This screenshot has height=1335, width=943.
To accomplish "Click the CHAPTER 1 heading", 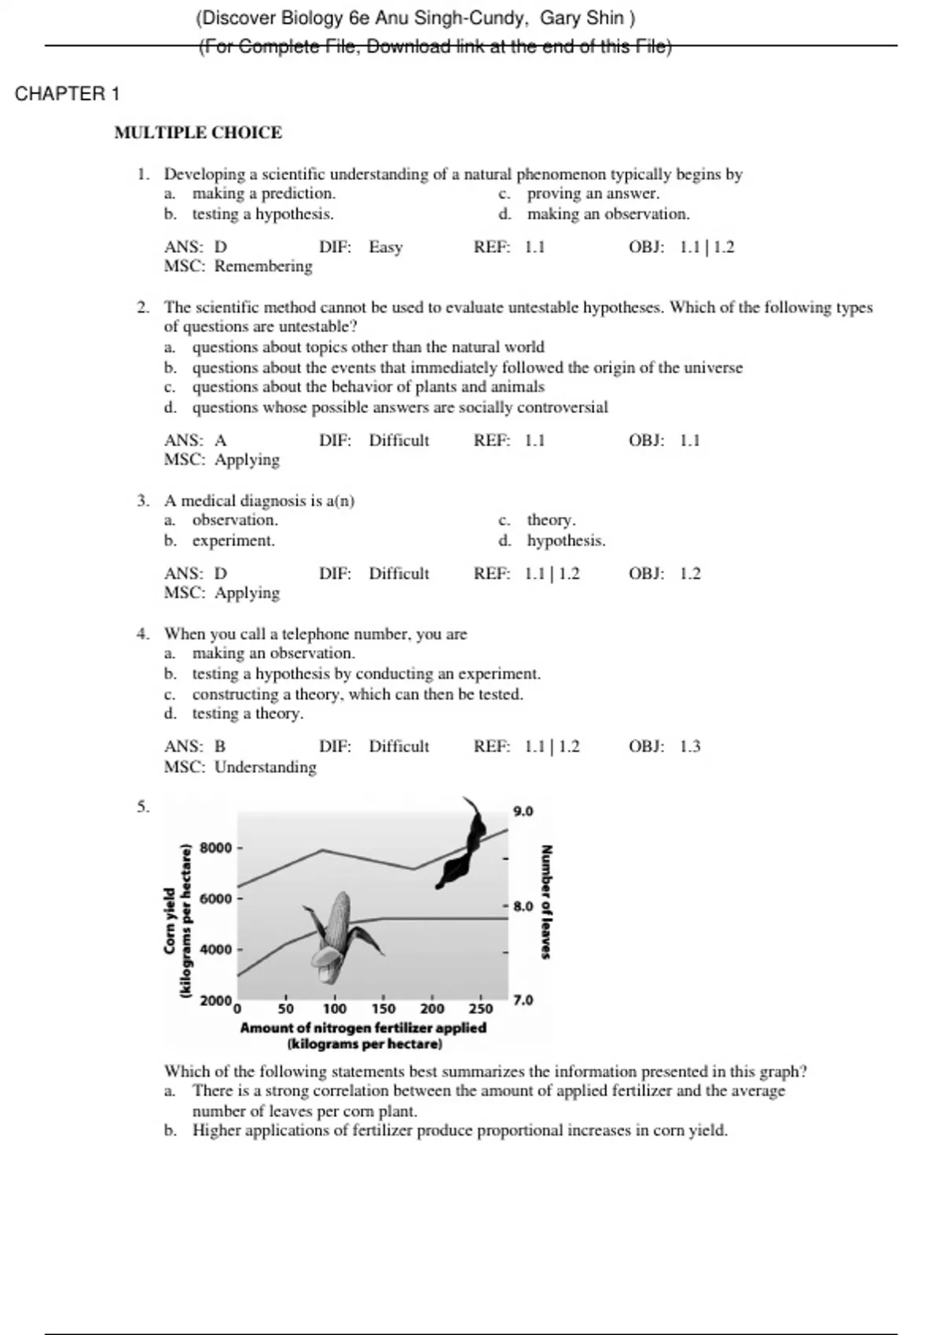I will click(67, 94).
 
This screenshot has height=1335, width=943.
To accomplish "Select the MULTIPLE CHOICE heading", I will click(198, 133).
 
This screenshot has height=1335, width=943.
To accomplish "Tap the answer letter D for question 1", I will click(221, 247).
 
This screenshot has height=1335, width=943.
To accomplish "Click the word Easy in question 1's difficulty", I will click(386, 247).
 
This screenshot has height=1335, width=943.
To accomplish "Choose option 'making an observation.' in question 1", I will click(608, 214).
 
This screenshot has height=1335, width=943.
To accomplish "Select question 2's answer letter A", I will click(221, 441).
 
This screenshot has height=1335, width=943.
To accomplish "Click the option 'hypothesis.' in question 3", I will click(566, 541).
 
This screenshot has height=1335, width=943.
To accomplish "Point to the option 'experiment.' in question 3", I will click(233, 541).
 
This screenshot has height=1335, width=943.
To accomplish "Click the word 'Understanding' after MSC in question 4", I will click(266, 767).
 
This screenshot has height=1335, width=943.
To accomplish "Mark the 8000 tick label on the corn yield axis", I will click(216, 848).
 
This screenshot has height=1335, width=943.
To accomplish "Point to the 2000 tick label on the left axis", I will click(215, 1001).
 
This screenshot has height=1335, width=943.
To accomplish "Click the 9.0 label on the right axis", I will click(523, 811).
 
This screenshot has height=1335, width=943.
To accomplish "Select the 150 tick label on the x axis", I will click(383, 1009).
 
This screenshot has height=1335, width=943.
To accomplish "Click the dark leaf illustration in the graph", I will click(464, 848).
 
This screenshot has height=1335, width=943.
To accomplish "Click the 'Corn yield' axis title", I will click(170, 921).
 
